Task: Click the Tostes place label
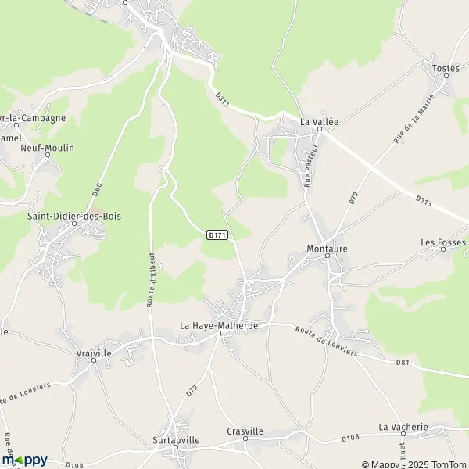pyautogui.click(x=446, y=69)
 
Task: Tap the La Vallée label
pyautogui.click(x=320, y=122)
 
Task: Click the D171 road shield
pyautogui.click(x=217, y=234)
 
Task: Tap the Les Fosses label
pyautogui.click(x=443, y=242)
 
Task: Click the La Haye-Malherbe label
pyautogui.click(x=219, y=325)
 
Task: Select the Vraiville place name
pyautogui.click(x=95, y=353)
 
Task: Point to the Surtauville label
pyautogui.click(x=177, y=440)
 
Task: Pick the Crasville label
pyautogui.click(x=245, y=431)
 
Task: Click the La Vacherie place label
pyautogui.click(x=404, y=427)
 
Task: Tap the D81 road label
pyautogui.click(x=403, y=362)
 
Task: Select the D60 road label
pyautogui.click(x=97, y=188)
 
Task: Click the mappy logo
pyautogui.click(x=25, y=460)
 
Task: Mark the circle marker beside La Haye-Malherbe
pyautogui.click(x=220, y=334)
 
